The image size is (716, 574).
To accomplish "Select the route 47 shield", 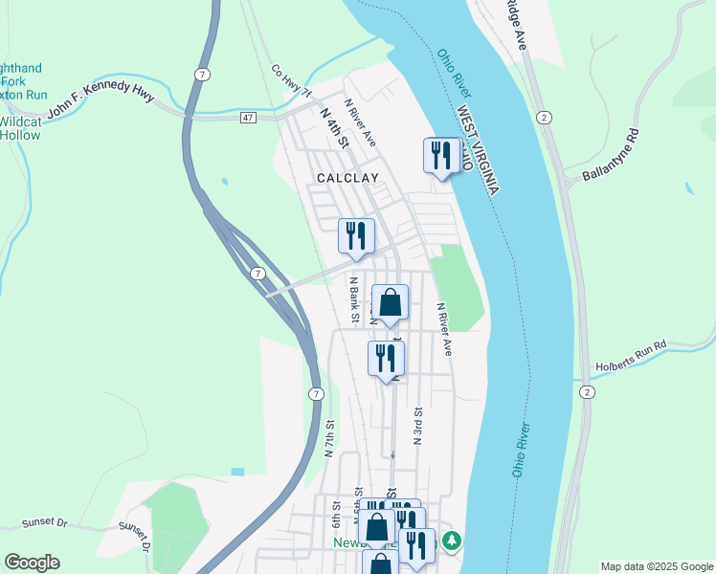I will pos(248,117).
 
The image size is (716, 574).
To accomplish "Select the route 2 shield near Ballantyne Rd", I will pos(544,117).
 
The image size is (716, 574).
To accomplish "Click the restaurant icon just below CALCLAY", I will pos(356,235).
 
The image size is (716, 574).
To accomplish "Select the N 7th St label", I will pos(328,439).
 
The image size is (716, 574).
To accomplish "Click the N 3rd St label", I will pos(418,426).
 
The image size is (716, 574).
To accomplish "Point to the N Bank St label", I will pos(353,299).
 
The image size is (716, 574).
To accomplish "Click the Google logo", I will pos(33,563).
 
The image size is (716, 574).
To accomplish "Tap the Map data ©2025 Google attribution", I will pos(657,566).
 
